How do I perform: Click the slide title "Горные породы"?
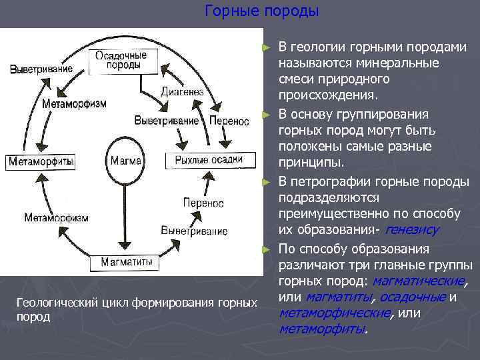262,11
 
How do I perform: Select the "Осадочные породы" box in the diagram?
117,61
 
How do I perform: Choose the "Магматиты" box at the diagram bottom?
126,262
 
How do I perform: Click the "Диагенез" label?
177,91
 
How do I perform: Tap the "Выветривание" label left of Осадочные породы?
41,69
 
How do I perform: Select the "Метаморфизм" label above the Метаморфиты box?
73,104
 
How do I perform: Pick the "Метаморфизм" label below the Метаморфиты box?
56,217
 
